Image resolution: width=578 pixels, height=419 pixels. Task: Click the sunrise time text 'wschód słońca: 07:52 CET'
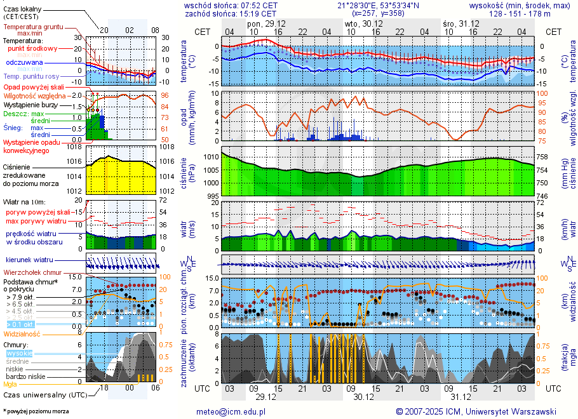[x=231, y=5]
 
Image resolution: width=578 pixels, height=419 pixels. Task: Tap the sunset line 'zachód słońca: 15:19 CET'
[x=231, y=13]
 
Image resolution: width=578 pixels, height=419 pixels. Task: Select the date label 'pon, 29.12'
[x=266, y=23]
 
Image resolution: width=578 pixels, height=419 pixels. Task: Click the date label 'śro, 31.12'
[x=460, y=23]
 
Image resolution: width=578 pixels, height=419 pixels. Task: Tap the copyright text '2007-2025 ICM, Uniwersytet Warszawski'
[x=481, y=411]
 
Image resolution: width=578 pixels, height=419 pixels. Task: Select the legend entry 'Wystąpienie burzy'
[x=30, y=104]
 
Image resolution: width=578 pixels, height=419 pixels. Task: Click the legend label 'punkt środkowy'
[x=33, y=48]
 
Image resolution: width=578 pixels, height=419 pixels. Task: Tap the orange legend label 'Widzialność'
[x=22, y=333]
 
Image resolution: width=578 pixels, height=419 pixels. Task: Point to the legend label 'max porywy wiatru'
[x=37, y=221]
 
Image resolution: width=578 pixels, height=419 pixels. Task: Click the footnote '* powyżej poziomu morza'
[x=36, y=411]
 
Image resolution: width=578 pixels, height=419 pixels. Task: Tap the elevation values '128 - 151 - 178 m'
[x=520, y=13]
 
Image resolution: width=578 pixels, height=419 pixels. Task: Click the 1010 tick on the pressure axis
[x=211, y=156]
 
